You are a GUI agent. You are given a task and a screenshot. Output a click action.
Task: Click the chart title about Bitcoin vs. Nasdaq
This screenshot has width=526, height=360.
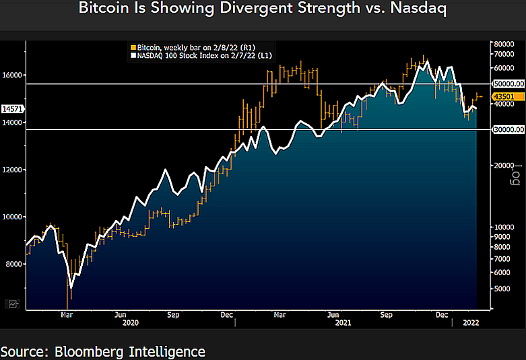(x=263, y=9)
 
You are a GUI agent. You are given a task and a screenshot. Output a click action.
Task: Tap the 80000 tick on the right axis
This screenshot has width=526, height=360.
(x=504, y=44)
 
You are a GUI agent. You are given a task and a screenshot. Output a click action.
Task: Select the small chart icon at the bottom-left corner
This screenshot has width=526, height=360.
(x=13, y=305)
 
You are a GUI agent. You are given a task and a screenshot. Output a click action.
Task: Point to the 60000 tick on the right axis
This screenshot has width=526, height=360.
(x=504, y=69)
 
